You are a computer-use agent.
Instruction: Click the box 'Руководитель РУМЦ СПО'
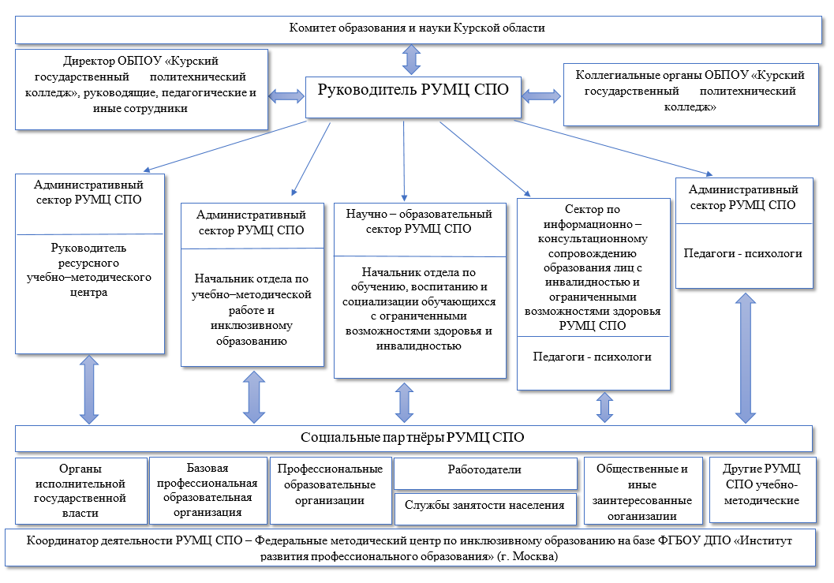coord(413,91)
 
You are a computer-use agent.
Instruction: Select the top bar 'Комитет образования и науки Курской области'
coord(417,28)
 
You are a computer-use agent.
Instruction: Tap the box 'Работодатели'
coord(485,470)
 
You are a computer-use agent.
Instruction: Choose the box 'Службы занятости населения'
coord(485,506)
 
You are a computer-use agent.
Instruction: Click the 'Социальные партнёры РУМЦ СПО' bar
coord(413,438)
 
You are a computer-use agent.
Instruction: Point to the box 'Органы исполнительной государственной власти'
coord(81,491)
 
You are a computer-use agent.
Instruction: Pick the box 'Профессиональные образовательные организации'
coord(330,489)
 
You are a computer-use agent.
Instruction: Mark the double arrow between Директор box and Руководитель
coord(286,95)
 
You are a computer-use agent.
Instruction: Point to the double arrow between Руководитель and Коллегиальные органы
coord(541,95)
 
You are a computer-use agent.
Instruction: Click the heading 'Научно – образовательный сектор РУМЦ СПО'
coord(418,222)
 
